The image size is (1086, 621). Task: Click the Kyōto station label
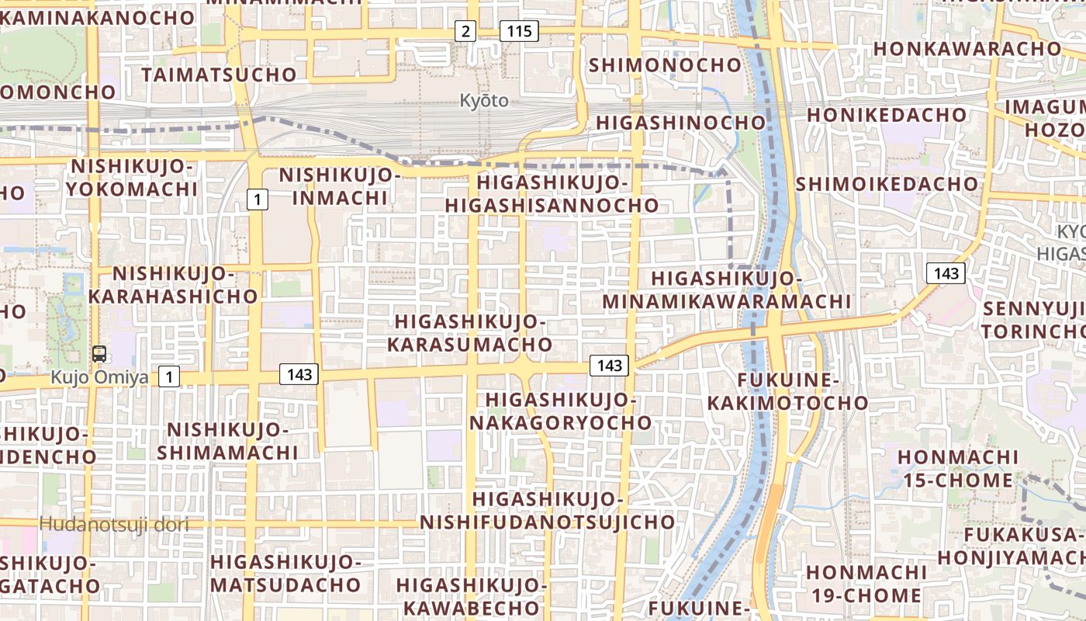click(x=484, y=101)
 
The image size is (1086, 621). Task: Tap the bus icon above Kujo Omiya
click(x=99, y=354)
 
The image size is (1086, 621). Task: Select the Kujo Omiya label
click(x=99, y=377)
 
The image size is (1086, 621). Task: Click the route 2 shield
click(x=465, y=31)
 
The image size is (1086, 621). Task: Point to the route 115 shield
click(x=518, y=31)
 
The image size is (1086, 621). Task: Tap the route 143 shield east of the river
click(x=946, y=273)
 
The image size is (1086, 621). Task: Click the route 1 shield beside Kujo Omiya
click(x=169, y=377)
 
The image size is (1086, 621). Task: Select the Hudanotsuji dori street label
click(x=114, y=524)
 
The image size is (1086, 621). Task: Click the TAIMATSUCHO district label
click(x=219, y=75)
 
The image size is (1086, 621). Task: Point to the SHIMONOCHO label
click(x=666, y=65)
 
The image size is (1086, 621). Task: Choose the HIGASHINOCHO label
click(x=681, y=123)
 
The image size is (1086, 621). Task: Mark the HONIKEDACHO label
click(x=887, y=115)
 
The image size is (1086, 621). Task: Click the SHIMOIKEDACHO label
click(x=887, y=184)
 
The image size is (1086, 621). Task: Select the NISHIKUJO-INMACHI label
click(x=340, y=186)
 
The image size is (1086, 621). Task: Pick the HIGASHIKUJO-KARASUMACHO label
click(x=470, y=333)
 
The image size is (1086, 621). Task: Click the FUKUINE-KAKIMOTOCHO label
click(x=787, y=391)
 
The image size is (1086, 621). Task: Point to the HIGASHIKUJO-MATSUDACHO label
click(x=285, y=573)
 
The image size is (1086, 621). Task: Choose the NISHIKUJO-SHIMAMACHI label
click(x=228, y=441)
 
